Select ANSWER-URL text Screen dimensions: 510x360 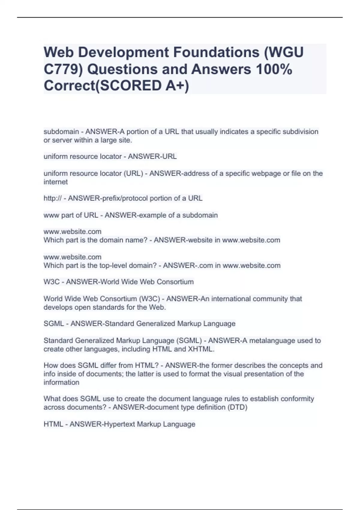tap(152, 157)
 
